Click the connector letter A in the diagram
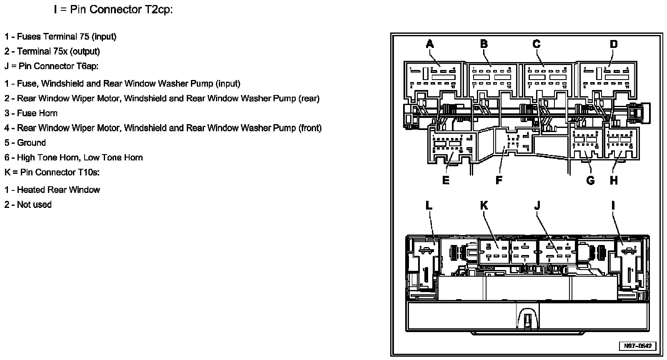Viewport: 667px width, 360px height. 430,43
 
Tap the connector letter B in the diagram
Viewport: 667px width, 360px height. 484,43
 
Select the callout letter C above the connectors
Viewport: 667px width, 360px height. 537,43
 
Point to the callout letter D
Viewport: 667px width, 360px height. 613,43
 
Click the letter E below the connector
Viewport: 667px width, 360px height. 446,180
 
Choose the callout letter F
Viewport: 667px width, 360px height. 499,180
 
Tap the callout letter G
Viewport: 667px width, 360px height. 590,180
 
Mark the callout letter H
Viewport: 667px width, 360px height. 614,180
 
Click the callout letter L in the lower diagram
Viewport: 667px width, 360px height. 429,205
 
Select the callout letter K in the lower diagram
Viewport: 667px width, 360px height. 484,205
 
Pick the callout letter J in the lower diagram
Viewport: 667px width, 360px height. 537,205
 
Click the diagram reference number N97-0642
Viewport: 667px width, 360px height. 638,346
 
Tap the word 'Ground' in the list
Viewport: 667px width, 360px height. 31,142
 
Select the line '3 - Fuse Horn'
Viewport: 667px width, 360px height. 31,113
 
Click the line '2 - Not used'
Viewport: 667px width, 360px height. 28,205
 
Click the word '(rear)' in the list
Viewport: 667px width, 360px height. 308,98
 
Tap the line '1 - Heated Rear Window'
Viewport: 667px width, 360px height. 52,190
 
